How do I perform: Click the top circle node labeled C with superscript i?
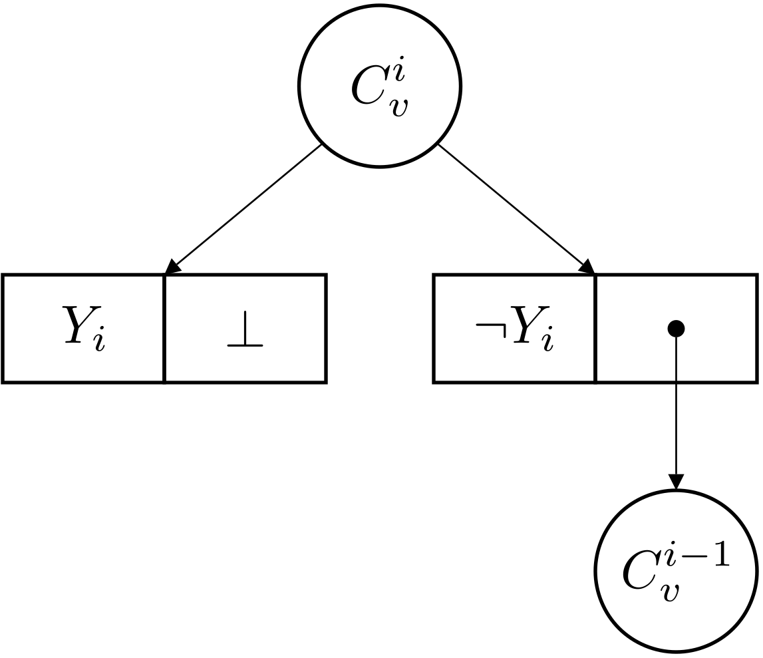[379, 86]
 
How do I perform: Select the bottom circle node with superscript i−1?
[675, 572]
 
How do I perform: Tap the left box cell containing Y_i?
[84, 329]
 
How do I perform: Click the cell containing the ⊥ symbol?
[245, 329]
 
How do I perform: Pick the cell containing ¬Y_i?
[514, 329]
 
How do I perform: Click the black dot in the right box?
[676, 327]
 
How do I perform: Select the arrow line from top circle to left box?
[246, 207]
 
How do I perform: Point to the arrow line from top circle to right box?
[512, 206]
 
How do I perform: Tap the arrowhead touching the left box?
[172, 267]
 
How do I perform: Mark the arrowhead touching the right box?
[587, 266]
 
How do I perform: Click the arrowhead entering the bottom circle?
[676, 482]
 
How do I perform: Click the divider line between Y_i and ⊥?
[164, 329]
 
